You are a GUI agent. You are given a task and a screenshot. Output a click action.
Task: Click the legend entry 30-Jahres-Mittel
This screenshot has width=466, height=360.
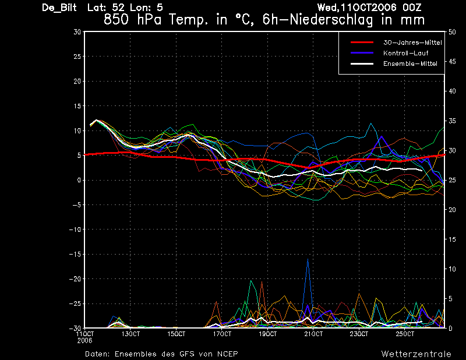(x=412, y=43)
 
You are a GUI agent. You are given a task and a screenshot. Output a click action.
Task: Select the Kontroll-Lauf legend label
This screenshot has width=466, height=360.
(x=405, y=53)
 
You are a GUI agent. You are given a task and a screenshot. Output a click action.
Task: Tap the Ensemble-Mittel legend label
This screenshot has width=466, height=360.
(x=410, y=63)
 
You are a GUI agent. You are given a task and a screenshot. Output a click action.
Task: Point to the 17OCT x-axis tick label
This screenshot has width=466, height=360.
(x=222, y=334)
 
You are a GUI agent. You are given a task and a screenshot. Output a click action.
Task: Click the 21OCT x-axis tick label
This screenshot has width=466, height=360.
(x=313, y=334)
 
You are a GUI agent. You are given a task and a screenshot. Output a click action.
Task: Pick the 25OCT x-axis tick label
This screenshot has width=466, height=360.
(x=405, y=334)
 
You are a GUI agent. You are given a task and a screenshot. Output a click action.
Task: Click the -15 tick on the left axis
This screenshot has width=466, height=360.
(x=75, y=254)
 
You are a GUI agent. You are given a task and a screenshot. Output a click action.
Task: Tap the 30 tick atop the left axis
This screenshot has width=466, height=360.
(x=77, y=32)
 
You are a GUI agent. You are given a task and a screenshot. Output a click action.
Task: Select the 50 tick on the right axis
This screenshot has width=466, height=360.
(x=452, y=32)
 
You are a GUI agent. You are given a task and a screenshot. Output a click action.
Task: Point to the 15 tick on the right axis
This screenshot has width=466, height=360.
(x=452, y=239)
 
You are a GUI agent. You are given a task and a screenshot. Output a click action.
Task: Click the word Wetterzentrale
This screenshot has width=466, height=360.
(x=416, y=354)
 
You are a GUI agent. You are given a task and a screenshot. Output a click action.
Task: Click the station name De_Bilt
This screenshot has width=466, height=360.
(x=59, y=8)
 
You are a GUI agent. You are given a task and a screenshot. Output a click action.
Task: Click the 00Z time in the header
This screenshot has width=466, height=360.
(x=412, y=8)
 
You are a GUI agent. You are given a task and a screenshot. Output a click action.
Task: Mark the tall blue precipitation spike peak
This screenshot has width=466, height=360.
(x=308, y=259)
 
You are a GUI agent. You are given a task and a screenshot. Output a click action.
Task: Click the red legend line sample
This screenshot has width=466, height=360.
(x=362, y=43)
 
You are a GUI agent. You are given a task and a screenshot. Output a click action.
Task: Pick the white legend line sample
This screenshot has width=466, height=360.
(x=362, y=63)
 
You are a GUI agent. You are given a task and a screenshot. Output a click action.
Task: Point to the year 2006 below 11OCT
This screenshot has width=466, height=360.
(x=84, y=341)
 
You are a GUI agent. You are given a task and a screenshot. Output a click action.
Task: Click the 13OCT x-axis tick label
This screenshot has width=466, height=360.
(x=130, y=334)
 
